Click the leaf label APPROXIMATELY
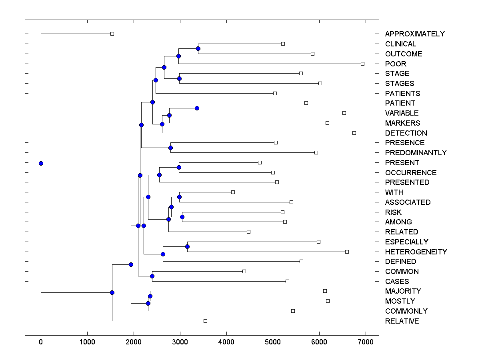[x=414, y=34]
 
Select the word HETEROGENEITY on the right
[x=416, y=252]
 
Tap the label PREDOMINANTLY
[x=416, y=153]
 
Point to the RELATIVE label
[x=402, y=321]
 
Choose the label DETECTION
[x=406, y=133]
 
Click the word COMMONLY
[x=406, y=311]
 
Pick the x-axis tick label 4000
[x=226, y=342]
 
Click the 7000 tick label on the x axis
[x=366, y=342]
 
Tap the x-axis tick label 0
[x=41, y=342]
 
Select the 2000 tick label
[x=134, y=342]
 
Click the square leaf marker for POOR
[x=362, y=64]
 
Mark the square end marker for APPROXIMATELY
[x=112, y=34]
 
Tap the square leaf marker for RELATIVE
[x=205, y=321]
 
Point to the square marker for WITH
[x=233, y=192]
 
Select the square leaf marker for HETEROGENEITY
[x=347, y=252]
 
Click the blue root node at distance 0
[x=41, y=163]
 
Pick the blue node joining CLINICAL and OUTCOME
[x=198, y=49]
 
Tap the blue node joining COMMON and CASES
[x=152, y=276]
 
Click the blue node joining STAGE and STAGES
[x=179, y=78]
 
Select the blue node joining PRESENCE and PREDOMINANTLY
[x=170, y=148]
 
